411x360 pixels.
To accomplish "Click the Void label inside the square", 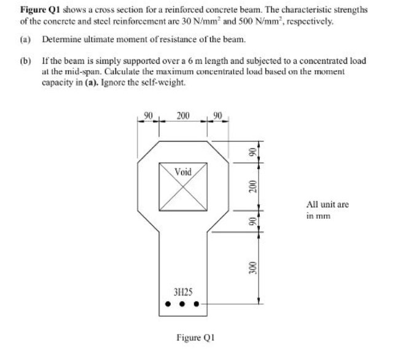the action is tap(183, 171).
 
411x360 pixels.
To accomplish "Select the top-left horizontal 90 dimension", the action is tap(147, 114).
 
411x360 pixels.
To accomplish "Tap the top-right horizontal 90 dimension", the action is tap(218, 114).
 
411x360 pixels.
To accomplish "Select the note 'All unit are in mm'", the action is tap(327, 209).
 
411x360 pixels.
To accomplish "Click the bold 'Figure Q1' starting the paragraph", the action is tap(37, 10).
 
